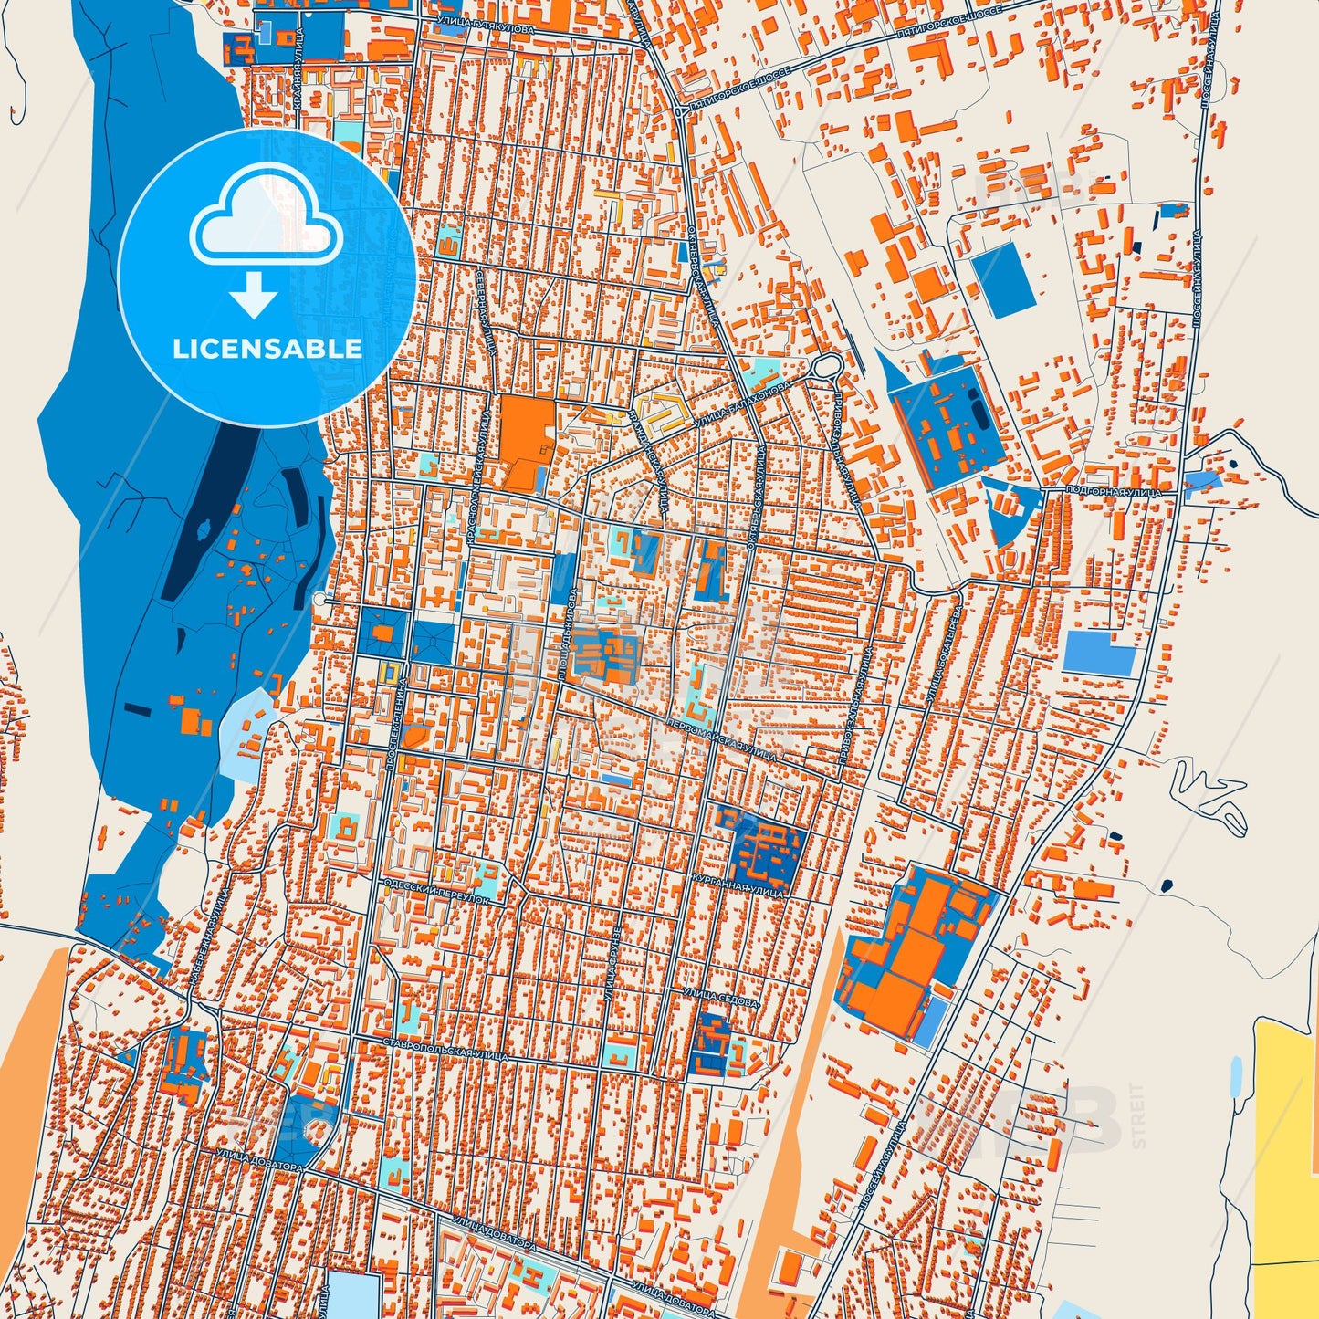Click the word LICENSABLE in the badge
267,349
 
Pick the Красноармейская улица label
480,474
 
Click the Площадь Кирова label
566,633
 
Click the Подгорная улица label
1113,492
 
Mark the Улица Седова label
721,996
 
